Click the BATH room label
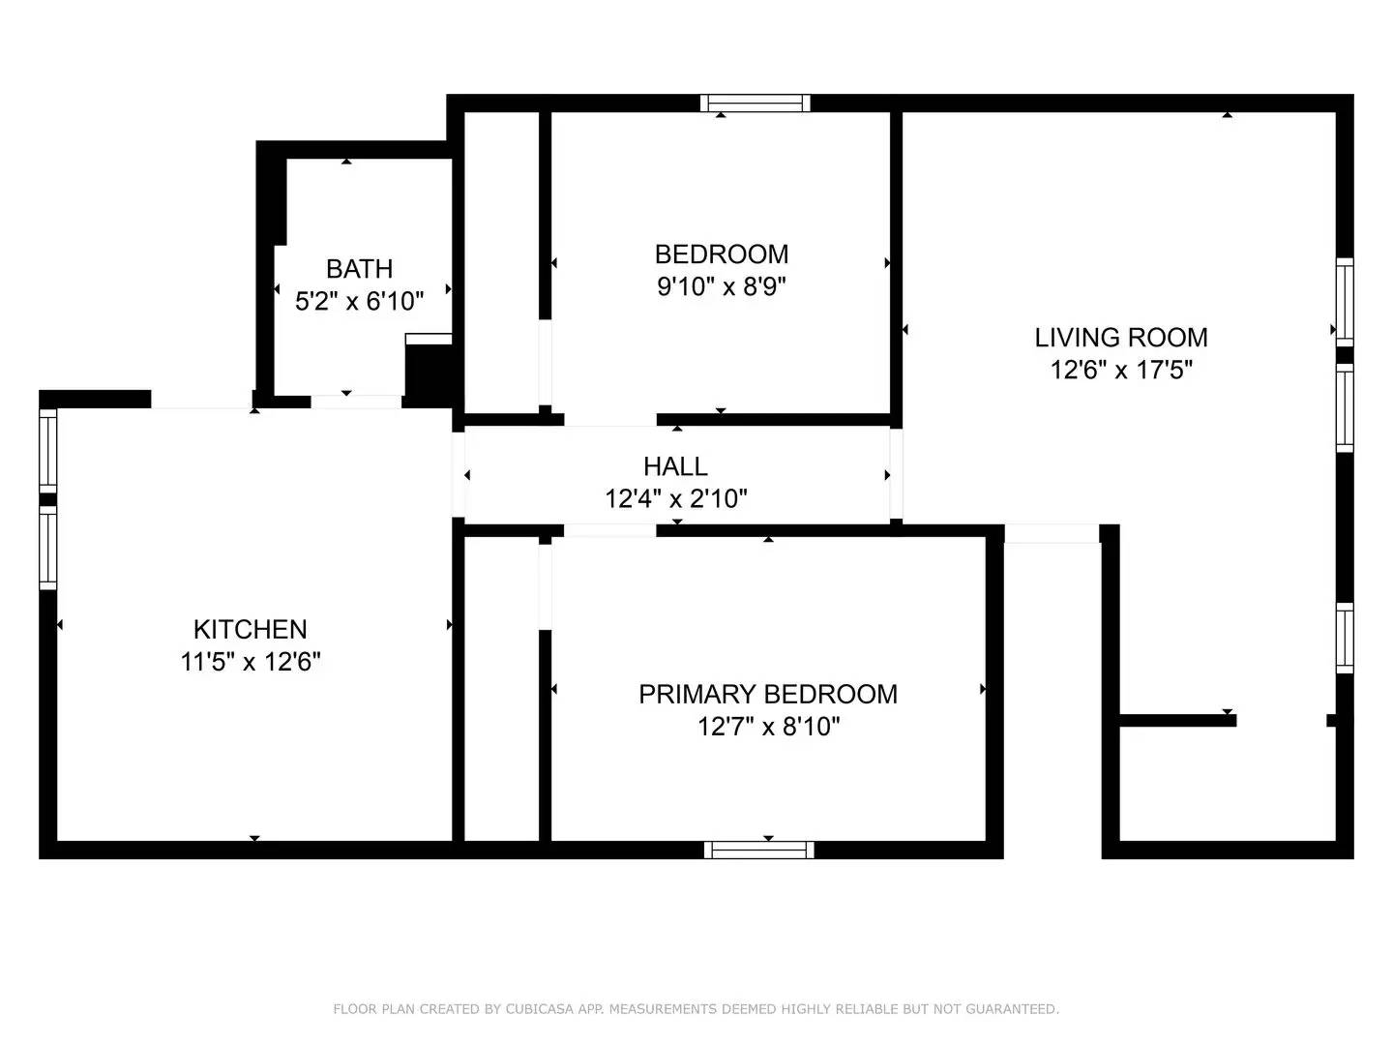pos(359,268)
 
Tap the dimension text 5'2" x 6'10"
pos(359,301)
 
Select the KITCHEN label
pos(250,629)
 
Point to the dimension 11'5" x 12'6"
pos(250,662)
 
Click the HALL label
pos(675,466)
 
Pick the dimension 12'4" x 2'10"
pos(675,499)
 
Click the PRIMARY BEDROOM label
pos(768,694)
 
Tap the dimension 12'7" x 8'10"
pos(768,727)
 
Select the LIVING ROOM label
pos(1121,338)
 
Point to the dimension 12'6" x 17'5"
pos(1121,370)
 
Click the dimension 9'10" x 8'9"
pos(722,286)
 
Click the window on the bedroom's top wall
pos(756,104)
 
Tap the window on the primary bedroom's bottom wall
pos(759,850)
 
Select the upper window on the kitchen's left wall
pos(47,448)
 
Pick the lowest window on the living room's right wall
pos(1345,638)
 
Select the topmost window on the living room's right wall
pos(1345,300)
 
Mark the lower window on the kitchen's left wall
pos(47,549)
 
